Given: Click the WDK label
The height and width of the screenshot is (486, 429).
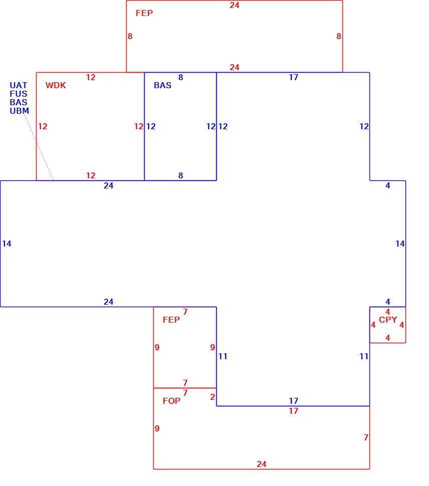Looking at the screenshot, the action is coord(56,85).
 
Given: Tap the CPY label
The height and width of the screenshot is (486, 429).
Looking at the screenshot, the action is coord(388,320).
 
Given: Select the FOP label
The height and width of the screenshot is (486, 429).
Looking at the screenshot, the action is coord(171,401).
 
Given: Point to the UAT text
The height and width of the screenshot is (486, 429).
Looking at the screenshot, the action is coord(19,85).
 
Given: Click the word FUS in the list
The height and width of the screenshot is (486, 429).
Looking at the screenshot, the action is coord(19,94).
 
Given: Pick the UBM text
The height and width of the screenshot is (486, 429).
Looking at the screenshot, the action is coord(19,111).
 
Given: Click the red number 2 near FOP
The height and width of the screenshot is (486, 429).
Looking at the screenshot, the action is coord(212,397).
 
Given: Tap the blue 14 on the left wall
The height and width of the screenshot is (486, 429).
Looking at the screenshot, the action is coord(7,244).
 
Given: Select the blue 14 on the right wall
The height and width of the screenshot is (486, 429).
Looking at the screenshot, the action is coord(400,244).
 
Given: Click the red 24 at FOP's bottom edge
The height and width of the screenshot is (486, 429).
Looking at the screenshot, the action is coord(261,464).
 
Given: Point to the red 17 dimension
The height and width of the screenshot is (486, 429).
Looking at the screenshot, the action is coord(293,411).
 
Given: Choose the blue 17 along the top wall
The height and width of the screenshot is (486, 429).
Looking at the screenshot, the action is coord(293,77).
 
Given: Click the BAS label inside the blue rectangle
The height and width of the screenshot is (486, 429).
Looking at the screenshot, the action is coord(163,85).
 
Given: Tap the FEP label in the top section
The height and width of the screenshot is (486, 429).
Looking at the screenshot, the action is coord(144,13).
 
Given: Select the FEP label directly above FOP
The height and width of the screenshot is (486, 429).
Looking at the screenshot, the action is coord(171,320).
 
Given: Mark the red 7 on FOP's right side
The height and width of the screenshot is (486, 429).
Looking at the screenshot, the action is coord(366,437).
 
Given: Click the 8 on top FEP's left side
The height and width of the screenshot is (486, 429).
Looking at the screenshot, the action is coord(130,36).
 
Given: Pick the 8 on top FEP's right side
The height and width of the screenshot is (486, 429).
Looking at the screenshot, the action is coord(339,36).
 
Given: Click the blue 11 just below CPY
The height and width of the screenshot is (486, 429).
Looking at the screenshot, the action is coord(364,356).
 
